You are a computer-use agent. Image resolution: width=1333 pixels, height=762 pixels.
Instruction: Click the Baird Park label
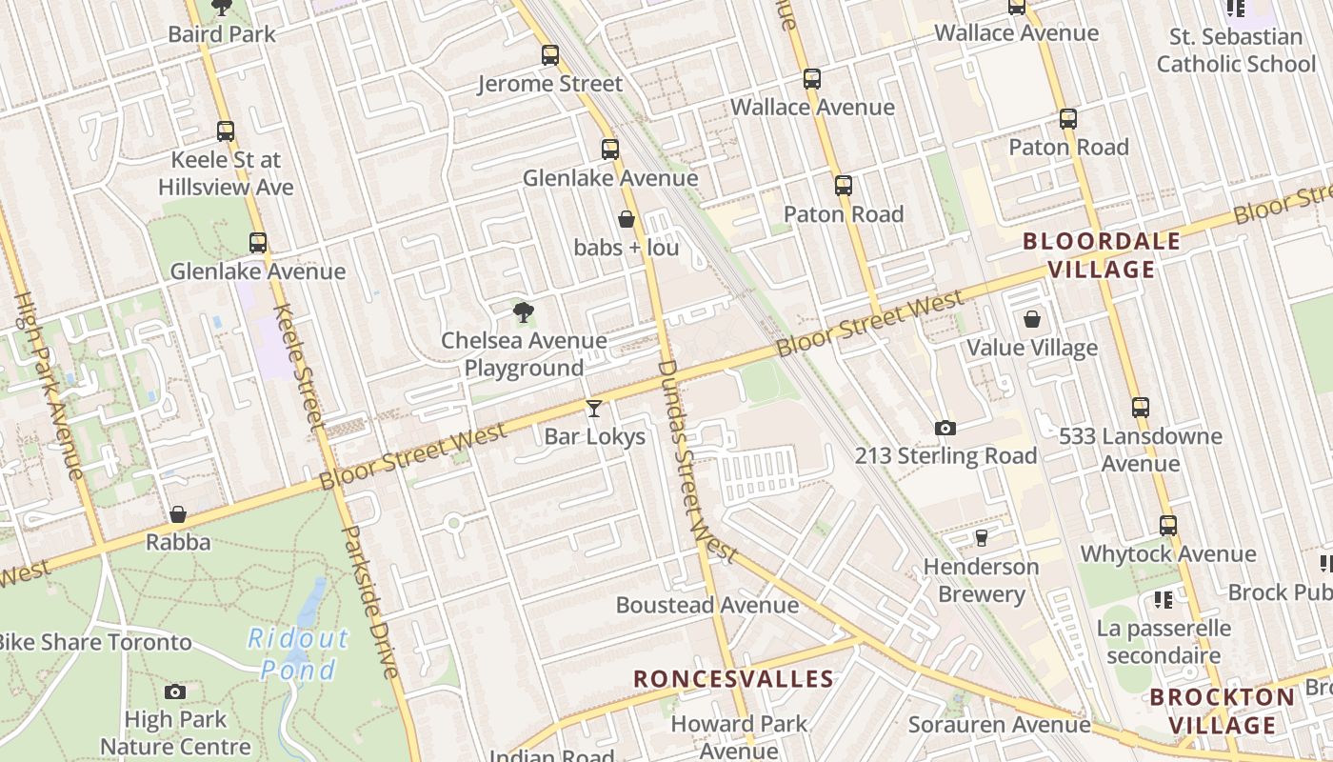coord(221,34)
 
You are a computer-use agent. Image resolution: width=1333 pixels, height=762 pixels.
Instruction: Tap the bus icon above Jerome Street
coord(550,55)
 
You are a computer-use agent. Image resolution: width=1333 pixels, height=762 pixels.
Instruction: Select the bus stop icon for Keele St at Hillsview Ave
coord(226,131)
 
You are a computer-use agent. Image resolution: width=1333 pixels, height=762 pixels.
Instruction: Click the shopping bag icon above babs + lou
coord(627,219)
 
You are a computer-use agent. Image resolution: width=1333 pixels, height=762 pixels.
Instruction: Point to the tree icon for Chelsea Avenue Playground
coord(523,311)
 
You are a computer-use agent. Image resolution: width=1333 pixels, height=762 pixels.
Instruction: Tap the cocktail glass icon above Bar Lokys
coord(594,409)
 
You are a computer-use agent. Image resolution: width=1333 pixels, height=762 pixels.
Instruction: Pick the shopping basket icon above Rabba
coord(178,514)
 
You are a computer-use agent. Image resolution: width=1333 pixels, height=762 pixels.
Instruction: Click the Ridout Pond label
coord(298,653)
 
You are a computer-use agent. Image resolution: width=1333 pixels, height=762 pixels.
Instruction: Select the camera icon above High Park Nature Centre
coord(175,692)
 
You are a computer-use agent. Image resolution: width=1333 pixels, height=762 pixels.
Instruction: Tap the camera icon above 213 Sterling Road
coord(945,428)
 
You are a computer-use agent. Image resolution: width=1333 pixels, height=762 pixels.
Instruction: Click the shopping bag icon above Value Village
coord(1032,319)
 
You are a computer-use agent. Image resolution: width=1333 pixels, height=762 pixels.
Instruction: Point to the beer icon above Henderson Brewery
coord(981,538)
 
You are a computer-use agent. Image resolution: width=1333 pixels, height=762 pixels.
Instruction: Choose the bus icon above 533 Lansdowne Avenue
coord(1141,408)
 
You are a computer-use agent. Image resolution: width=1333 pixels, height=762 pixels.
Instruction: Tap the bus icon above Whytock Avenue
coord(1168,525)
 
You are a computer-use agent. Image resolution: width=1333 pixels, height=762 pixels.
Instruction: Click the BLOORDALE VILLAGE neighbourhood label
coord(1102,255)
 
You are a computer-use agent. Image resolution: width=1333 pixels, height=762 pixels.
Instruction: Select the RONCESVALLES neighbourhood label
coord(733,679)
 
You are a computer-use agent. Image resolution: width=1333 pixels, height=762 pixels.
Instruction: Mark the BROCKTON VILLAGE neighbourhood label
coord(1223,711)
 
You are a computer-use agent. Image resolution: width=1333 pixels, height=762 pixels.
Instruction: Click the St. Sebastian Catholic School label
coord(1236,50)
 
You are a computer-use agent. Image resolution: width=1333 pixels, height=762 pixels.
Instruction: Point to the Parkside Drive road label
coord(368,602)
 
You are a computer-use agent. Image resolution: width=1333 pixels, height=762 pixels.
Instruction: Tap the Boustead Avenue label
coord(707,605)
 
